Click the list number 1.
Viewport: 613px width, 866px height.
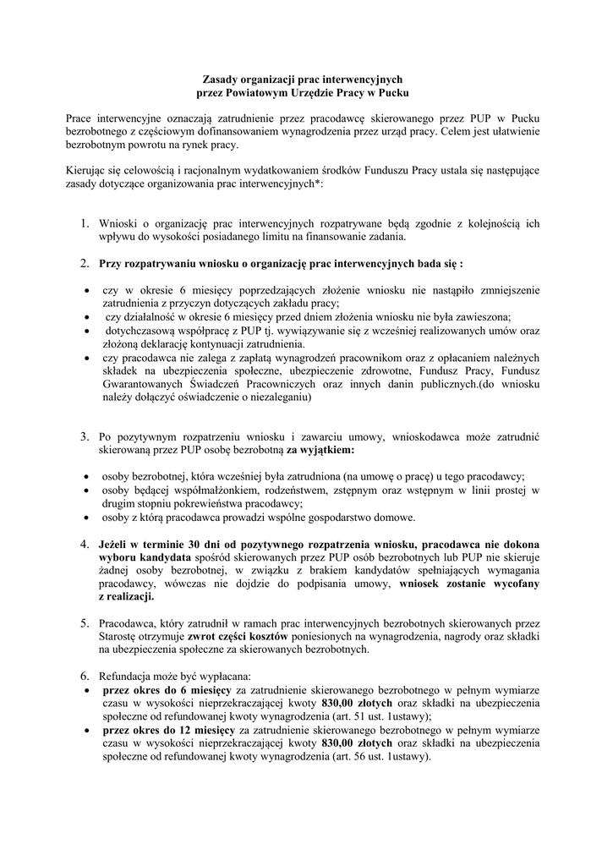[x=85, y=224]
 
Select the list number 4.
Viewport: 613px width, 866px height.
[x=85, y=544]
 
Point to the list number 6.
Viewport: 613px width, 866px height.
[x=85, y=677]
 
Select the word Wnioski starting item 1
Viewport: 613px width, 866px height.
[x=119, y=224]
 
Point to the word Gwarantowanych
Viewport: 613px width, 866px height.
[x=145, y=384]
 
